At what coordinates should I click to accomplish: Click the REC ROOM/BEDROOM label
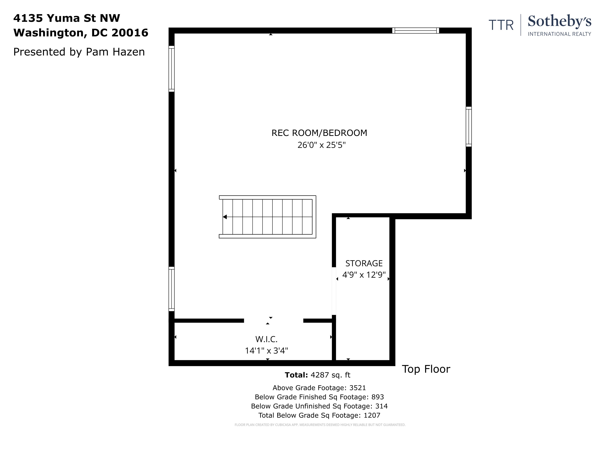tap(319, 133)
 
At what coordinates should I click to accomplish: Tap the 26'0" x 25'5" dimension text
tap(321, 145)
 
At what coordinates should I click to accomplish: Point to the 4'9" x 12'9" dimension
tap(364, 275)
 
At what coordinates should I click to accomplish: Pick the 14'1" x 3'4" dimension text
tap(266, 351)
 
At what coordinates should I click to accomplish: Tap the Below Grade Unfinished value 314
tap(381, 406)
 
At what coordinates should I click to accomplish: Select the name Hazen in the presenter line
tap(129, 52)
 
